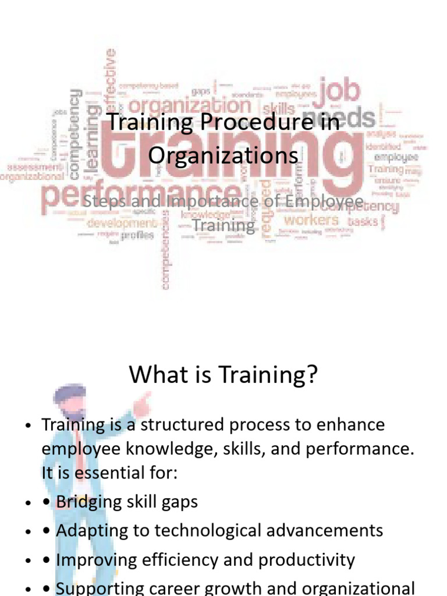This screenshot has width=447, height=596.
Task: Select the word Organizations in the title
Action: click(x=223, y=155)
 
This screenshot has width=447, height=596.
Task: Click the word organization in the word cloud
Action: click(x=189, y=106)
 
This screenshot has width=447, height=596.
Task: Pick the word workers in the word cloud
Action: click(x=311, y=220)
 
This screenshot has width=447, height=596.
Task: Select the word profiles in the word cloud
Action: click(x=138, y=235)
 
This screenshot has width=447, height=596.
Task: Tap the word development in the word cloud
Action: click(x=122, y=222)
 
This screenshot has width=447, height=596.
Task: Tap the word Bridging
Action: click(x=89, y=502)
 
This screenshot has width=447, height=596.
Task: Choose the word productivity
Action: click(x=307, y=559)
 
